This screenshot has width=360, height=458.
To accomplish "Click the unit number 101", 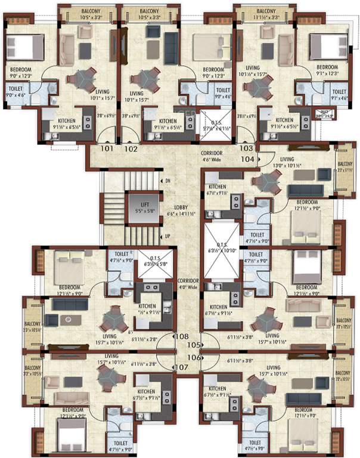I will point(107,148).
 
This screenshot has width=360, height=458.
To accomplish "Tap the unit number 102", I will point(132,148).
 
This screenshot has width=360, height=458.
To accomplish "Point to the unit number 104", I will point(248,159).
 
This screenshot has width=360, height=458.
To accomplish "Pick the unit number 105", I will point(191,345).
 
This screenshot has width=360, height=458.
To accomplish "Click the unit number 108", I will point(182,337).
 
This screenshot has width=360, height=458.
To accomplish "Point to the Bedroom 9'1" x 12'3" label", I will point(327,70).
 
